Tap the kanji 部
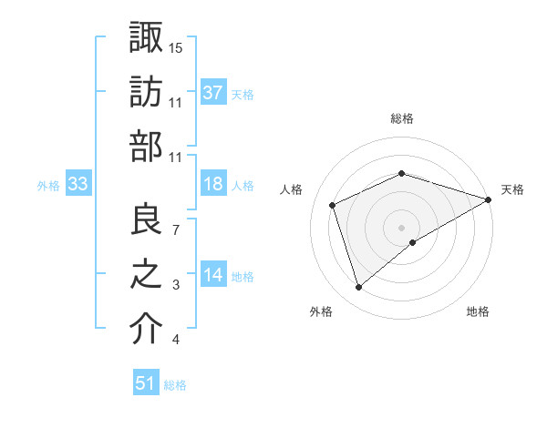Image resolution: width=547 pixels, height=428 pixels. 147,147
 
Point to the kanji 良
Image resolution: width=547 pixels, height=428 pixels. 147,219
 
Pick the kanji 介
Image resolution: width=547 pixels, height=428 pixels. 147,329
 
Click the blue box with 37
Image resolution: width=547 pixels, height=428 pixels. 212,93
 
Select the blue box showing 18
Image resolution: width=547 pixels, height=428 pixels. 212,185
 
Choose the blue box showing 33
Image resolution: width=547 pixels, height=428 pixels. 78,185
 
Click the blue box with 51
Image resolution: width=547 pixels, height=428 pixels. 146,384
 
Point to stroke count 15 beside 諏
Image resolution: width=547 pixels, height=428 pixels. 176,47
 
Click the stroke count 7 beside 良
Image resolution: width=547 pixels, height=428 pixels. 176,230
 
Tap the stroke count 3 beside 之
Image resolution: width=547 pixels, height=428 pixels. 176,285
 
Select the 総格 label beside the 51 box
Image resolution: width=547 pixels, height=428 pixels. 175,385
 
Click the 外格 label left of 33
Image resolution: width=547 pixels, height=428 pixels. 48,186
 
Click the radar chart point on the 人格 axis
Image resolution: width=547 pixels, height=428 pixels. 333,205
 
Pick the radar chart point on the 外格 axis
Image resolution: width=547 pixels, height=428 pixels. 358,288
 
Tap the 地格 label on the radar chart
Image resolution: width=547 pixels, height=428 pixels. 478,312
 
